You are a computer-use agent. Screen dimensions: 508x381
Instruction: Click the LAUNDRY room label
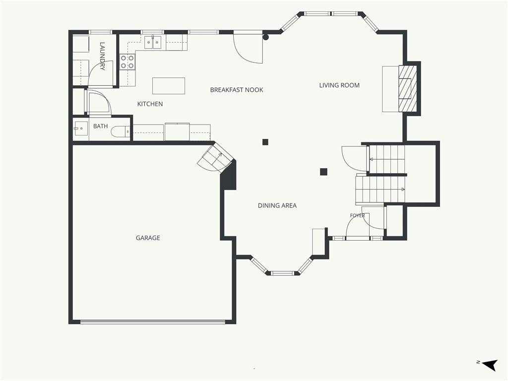[x=102, y=56]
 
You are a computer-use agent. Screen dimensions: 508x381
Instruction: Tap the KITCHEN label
[x=150, y=104]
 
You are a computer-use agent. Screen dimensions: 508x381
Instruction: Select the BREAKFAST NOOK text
[x=237, y=90]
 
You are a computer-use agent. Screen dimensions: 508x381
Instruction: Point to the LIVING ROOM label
[x=339, y=85]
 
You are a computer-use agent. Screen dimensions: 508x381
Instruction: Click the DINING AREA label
[x=277, y=205]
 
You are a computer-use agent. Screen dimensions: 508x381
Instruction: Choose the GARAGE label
[x=148, y=238]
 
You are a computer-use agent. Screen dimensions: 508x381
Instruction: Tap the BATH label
[x=100, y=126]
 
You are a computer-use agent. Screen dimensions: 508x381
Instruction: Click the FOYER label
[x=357, y=215]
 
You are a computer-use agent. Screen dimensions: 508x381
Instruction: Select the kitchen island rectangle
[x=169, y=86]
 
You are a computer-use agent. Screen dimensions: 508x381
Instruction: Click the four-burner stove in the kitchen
[x=127, y=62]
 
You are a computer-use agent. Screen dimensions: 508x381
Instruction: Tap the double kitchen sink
[x=153, y=43]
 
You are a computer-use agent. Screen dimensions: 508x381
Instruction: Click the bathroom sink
[x=81, y=128]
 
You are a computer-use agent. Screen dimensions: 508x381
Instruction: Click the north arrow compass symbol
[x=489, y=365]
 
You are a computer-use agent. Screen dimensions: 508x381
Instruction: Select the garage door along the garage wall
[x=152, y=322]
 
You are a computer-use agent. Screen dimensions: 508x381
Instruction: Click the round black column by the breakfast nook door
[x=266, y=37]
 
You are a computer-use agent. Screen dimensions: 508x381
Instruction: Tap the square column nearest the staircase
[x=323, y=172]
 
